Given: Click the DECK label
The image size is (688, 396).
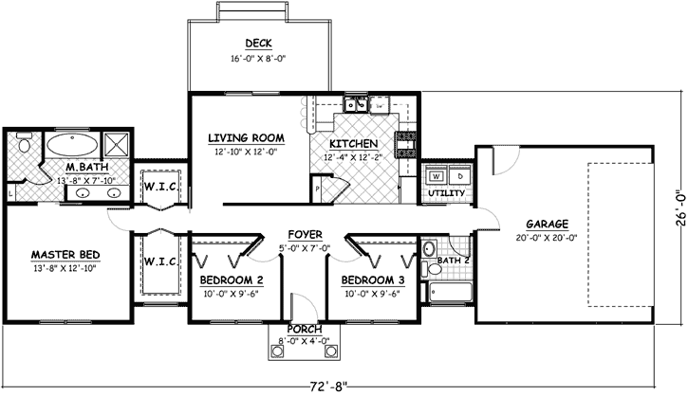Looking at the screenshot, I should (x=258, y=44).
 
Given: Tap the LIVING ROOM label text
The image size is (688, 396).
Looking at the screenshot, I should (x=247, y=138).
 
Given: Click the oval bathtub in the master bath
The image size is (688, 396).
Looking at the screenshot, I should (x=71, y=146).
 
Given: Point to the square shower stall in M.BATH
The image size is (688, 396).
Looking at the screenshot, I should (x=118, y=145).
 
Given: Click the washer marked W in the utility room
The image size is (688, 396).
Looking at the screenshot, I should (x=437, y=176).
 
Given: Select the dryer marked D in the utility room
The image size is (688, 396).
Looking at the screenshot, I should (x=459, y=176).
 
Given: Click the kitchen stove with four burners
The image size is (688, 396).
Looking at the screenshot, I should (x=406, y=144).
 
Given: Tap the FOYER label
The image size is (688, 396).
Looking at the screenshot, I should (x=305, y=234).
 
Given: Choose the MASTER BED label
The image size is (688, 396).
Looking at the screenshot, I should (x=65, y=255).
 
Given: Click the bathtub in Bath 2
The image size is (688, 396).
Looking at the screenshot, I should (x=449, y=293).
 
